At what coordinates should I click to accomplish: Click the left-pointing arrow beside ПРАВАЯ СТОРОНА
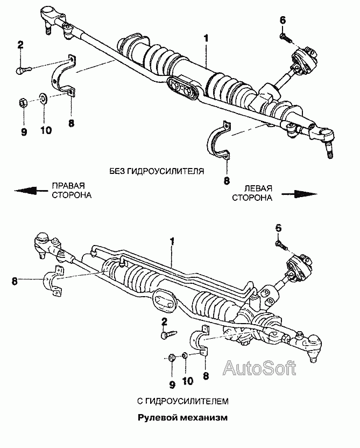[x=29, y=190]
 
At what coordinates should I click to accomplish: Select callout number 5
[x=278, y=228]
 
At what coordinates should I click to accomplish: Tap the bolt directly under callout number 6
[x=284, y=38]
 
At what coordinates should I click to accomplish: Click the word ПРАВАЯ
[x=67, y=185]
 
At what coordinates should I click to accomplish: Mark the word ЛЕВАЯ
[x=259, y=188]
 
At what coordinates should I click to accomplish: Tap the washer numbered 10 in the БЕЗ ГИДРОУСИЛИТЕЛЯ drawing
[x=43, y=99]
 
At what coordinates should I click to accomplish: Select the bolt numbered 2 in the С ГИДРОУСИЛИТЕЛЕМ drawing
[x=166, y=334]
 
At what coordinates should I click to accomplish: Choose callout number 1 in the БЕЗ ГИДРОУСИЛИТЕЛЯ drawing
[x=205, y=39]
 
